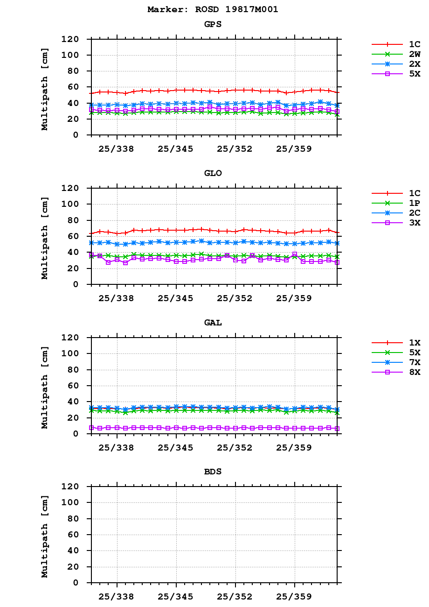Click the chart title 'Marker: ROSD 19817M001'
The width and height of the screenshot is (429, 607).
click(x=213, y=9)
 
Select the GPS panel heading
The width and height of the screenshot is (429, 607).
click(x=213, y=24)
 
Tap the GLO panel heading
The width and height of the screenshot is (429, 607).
click(x=213, y=173)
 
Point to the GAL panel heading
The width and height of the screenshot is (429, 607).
click(x=213, y=323)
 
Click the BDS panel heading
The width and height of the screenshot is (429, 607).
click(x=213, y=472)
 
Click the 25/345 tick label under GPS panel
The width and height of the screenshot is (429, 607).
click(x=176, y=149)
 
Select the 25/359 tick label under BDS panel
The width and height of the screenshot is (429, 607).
click(x=294, y=597)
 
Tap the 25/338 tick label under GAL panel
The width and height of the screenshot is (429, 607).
click(x=117, y=448)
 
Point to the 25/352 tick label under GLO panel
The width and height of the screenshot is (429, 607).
click(x=235, y=298)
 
